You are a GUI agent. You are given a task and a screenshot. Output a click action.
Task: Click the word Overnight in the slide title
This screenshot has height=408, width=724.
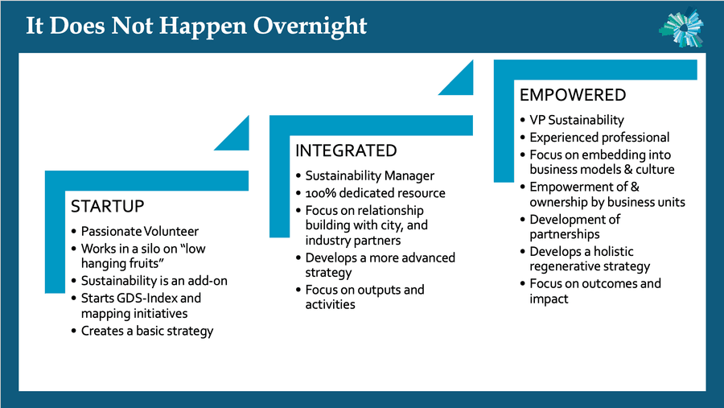coord(310,27)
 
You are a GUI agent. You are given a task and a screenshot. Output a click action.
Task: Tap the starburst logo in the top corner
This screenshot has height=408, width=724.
coord(681,27)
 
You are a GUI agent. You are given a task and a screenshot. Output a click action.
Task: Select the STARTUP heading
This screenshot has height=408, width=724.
coord(108,206)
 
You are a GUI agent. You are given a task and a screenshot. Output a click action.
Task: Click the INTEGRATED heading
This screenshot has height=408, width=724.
coord(346,150)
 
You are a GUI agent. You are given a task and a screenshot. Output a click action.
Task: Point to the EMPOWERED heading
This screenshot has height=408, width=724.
coord(573,95)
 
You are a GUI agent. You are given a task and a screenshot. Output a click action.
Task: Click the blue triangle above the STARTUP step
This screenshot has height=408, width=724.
coord(237,138)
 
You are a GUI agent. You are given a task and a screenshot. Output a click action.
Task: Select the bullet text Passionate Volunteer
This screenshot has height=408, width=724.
coord(140,231)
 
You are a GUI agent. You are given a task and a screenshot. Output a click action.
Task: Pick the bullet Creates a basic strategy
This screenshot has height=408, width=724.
coord(147,332)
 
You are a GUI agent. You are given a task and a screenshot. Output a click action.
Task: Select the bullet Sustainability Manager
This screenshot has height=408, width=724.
coord(370,176)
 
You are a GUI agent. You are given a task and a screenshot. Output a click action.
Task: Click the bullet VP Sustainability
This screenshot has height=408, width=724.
coord(577,120)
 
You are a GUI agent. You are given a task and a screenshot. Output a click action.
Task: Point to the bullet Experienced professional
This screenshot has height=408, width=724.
coord(599,138)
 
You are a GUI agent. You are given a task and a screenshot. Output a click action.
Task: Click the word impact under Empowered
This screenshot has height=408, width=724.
coord(549,299)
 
